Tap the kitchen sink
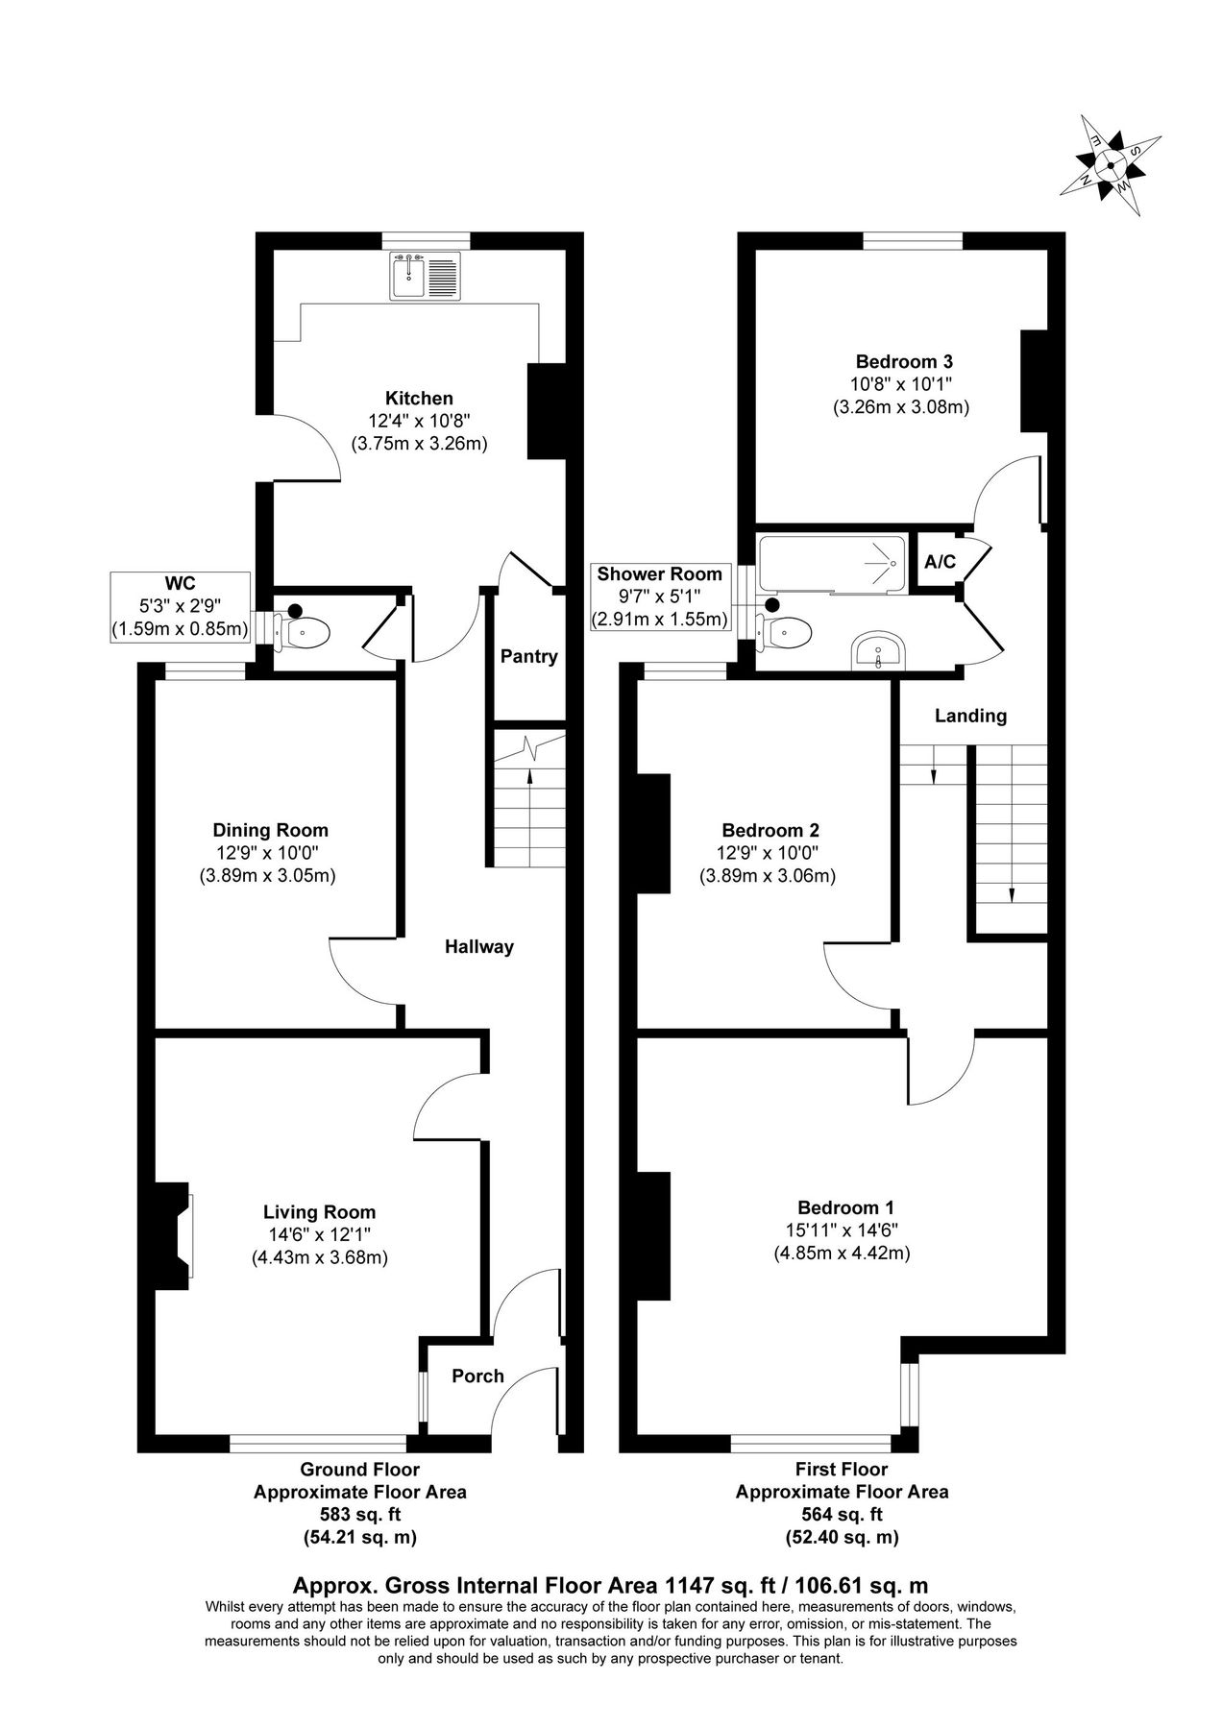click(426, 276)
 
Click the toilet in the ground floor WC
click(305, 631)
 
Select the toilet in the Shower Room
click(787, 631)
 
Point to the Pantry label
click(528, 657)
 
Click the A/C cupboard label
click(940, 562)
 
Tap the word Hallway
click(478, 947)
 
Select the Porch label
click(477, 1376)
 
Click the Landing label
click(970, 716)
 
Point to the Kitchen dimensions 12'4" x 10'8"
click(419, 421)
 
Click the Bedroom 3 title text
click(903, 362)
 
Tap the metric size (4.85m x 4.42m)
click(842, 1253)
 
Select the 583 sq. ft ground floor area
click(360, 1515)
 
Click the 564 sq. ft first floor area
click(842, 1515)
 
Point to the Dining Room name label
click(270, 830)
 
